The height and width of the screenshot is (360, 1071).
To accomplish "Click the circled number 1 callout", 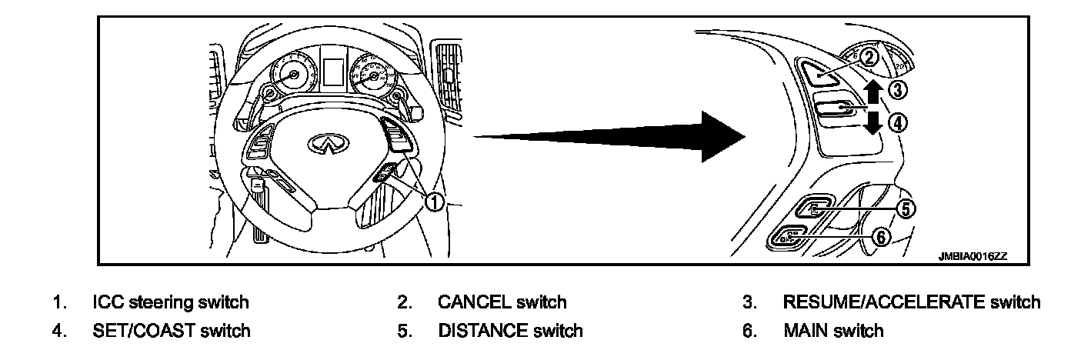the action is coord(435,202).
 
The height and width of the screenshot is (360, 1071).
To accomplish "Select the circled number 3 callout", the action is coord(898,90).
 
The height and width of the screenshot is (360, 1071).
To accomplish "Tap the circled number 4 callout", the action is coord(898,122).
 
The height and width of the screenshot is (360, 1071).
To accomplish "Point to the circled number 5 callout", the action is coord(907,208).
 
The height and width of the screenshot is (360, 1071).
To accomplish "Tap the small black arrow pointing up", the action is coord(871,92).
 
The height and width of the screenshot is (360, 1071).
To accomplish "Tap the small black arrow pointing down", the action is coord(871,121).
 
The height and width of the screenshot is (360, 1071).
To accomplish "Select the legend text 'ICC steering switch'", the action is coord(170,302).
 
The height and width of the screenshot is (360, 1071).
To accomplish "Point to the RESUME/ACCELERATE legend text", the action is coord(911,302).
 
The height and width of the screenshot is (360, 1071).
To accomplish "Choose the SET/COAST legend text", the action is coord(171,331).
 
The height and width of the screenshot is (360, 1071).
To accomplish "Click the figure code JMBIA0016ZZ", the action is coord(972,258).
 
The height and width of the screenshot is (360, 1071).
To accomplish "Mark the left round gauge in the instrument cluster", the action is coord(293,75).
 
